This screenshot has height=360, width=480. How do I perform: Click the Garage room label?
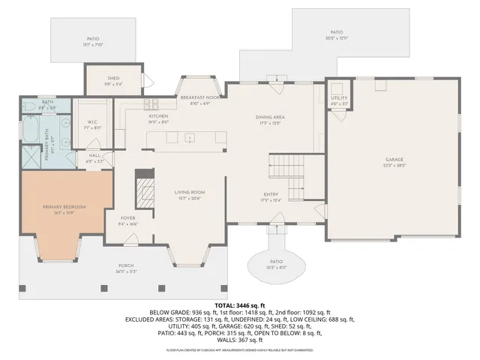pos(394,160)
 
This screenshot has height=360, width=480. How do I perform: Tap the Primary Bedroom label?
pos(64,207)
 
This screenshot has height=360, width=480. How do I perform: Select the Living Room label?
pos(190,192)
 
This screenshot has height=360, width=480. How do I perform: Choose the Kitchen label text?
pos(158,117)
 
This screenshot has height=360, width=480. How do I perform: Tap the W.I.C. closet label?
pos(93,123)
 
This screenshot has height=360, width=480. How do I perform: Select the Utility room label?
pos(339,98)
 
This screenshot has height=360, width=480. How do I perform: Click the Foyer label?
pos(128,218)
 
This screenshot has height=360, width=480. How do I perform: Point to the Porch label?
pos(126,266)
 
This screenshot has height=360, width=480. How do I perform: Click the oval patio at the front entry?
pos(276,263)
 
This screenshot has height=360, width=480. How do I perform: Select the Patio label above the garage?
pos(336,32)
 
